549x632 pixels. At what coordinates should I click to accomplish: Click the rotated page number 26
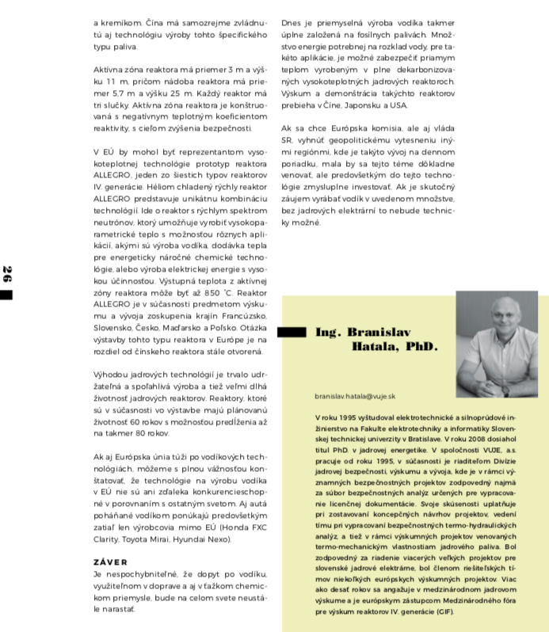coord(6,275)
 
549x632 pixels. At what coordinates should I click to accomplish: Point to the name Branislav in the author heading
coord(380,333)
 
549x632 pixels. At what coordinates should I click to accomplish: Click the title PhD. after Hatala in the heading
coord(421,347)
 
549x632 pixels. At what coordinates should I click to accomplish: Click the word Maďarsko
coord(182,327)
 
